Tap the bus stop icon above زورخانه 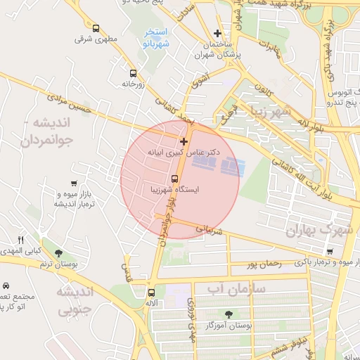133,72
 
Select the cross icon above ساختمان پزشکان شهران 217,33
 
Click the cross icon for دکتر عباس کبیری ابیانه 184,141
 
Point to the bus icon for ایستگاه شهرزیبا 175,177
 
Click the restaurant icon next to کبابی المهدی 21,240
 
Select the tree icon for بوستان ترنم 57,253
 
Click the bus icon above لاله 150,292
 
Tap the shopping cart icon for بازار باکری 330,251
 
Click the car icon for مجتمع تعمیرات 6,286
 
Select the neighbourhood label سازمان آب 236,288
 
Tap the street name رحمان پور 263,264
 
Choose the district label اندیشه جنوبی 74,300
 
